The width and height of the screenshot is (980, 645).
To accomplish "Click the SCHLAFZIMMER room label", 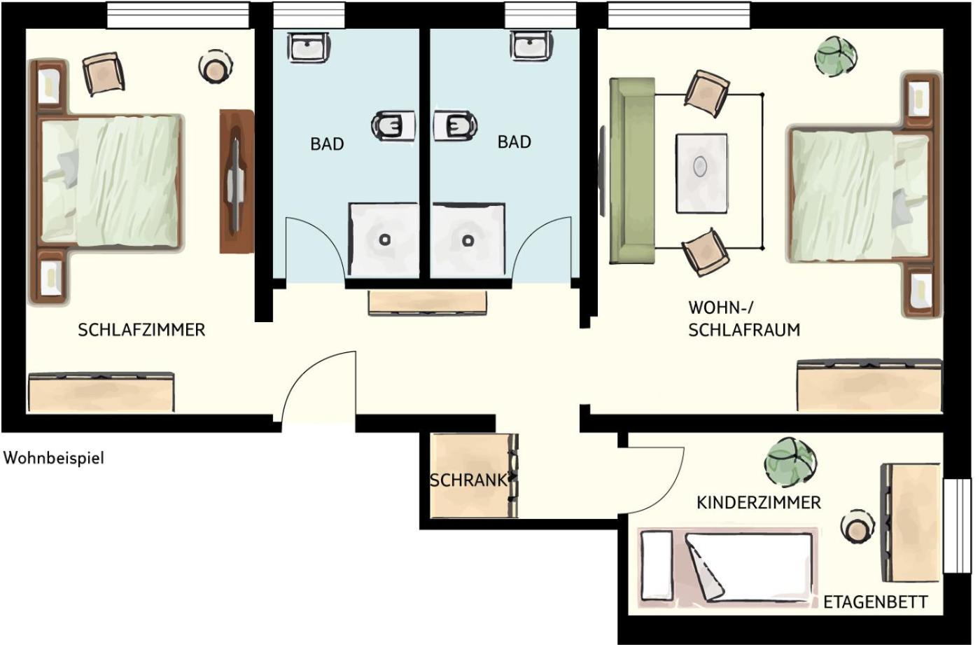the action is click(141, 330).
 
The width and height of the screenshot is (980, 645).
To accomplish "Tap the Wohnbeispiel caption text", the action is click(54, 458).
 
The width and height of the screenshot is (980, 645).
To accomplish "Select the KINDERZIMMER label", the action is click(759, 503).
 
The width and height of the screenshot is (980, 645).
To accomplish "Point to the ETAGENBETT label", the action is click(876, 602).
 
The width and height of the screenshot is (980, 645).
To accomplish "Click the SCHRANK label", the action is click(468, 480).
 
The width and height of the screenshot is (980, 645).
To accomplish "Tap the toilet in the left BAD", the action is click(393, 125).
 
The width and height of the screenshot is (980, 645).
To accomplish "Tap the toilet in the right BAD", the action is click(455, 125).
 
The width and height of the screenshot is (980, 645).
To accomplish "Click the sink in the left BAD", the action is click(309, 47).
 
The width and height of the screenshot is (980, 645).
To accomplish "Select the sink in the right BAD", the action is click(531, 46).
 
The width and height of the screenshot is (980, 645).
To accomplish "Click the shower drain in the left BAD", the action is click(384, 240).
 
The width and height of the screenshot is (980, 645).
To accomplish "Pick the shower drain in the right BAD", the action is click(468, 240).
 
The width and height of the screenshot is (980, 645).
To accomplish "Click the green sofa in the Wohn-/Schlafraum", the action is click(631, 171).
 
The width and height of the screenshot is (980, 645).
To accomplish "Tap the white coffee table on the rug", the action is click(701, 174).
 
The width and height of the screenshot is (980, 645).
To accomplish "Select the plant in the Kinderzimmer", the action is click(790, 462).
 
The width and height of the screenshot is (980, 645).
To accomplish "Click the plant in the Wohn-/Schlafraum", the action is click(836, 57).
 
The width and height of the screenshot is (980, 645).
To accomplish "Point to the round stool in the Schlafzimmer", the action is click(216, 68).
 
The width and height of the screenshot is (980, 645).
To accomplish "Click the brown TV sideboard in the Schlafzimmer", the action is click(237, 181).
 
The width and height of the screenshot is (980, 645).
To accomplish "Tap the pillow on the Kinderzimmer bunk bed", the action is click(657, 567).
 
